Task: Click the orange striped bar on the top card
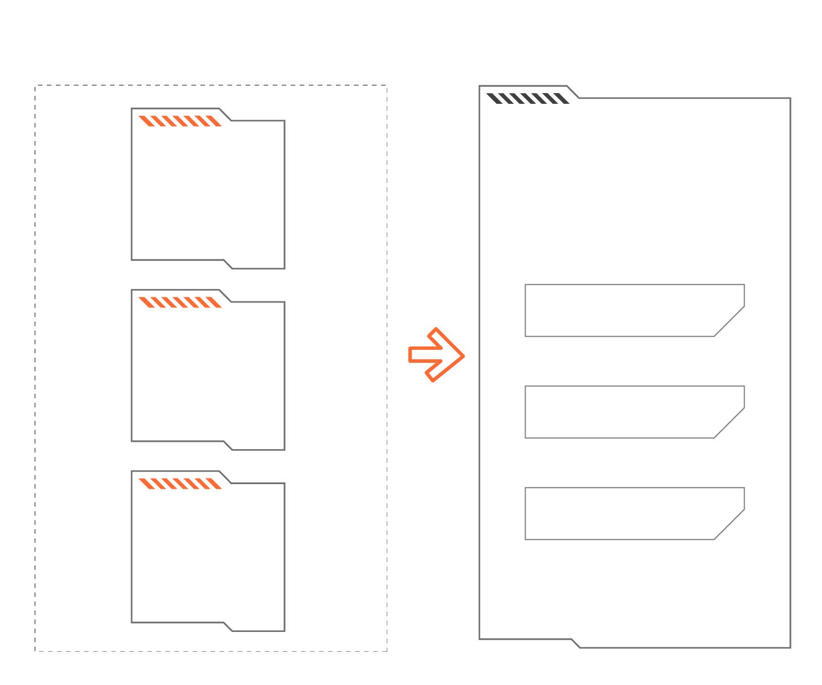(180, 121)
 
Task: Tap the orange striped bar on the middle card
(180, 302)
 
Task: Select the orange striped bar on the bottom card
(180, 484)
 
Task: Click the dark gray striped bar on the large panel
(528, 99)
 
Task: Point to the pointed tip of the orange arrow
(462, 356)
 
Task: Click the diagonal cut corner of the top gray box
(729, 322)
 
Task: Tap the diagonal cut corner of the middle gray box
(729, 423)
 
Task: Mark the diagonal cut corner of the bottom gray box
(729, 525)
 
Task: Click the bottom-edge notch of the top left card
(228, 264)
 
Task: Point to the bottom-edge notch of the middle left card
(228, 446)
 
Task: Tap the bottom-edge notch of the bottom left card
(228, 627)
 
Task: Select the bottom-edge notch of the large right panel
(576, 643)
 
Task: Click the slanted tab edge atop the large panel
(573, 92)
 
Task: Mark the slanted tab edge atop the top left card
(225, 115)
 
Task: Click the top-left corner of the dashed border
(36, 86)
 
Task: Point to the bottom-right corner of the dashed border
(387, 651)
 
